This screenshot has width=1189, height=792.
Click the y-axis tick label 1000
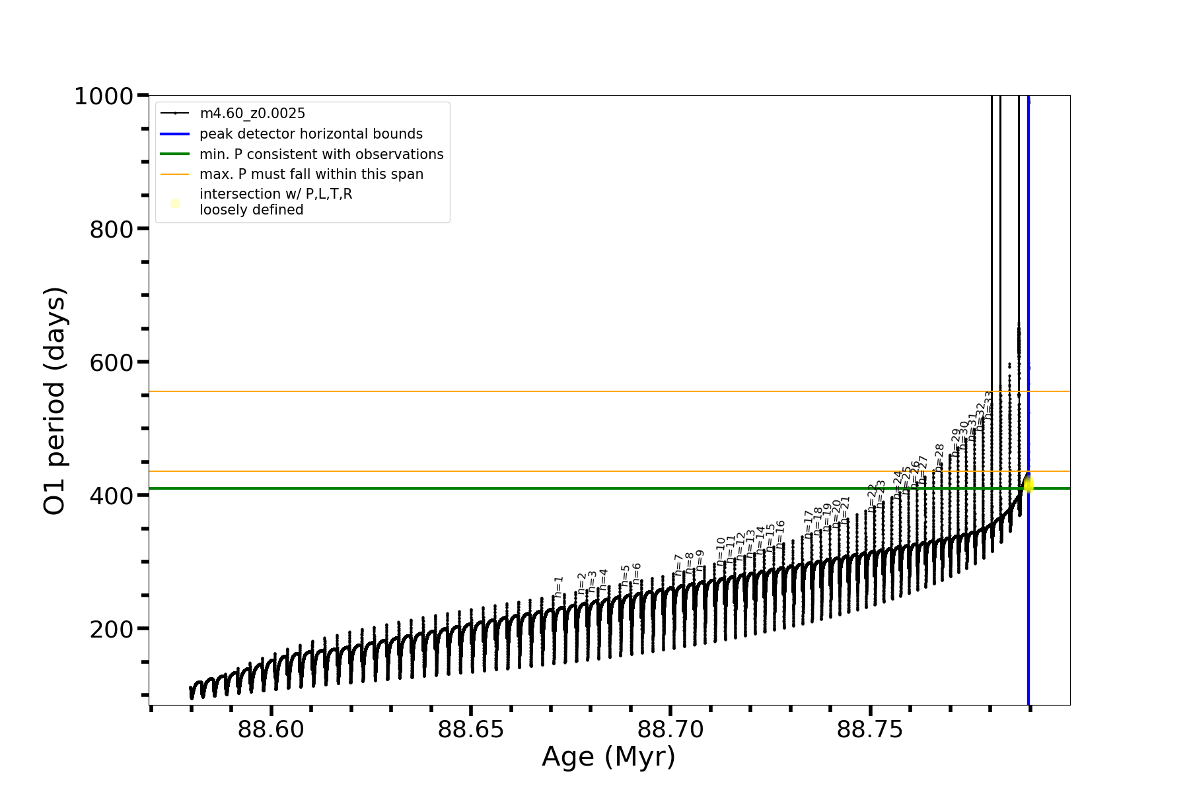pos(104,97)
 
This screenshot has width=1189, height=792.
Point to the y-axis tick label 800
pos(111,230)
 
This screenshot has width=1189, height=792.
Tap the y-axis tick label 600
pos(111,363)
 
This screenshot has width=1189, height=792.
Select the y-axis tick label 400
pos(111,496)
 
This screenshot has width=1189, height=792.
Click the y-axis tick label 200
pos(111,630)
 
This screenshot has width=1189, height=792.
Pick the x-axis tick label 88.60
pos(271,730)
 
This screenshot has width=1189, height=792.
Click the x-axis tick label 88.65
pos(471,730)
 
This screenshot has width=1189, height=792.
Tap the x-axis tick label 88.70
pos(670,730)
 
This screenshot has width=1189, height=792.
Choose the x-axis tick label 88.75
pos(870,730)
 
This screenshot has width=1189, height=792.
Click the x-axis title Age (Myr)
pos(608,757)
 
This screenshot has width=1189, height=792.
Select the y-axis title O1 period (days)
pos(55,401)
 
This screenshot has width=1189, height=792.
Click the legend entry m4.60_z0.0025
pos(252,114)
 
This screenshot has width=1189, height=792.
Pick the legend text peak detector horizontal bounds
pos(310,134)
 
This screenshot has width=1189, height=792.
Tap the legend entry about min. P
pos(321,154)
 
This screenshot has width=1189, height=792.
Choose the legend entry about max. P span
pos(311,174)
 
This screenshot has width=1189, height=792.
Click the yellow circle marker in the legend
pos(175,203)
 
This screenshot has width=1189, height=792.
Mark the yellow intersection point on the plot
pos(1028,486)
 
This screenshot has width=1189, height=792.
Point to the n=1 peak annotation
pos(559,587)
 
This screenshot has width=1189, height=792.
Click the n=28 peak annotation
pos(939,455)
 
